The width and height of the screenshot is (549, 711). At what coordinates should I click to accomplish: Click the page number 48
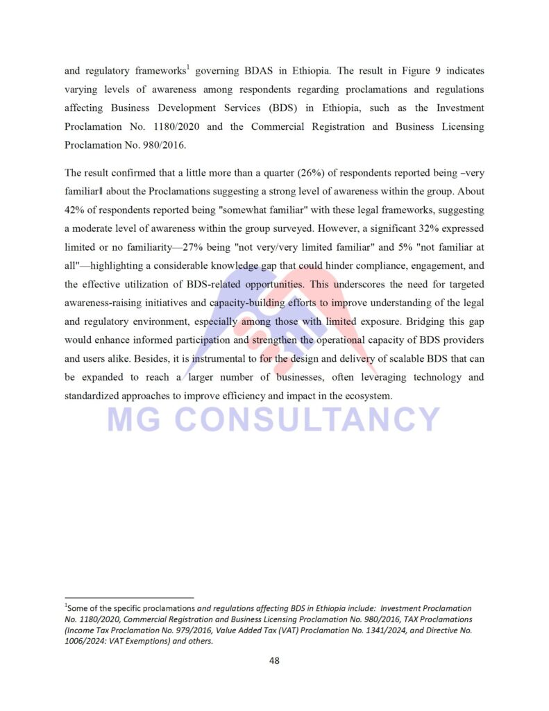click(274, 660)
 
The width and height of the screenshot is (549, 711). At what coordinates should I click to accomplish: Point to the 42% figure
click(75, 210)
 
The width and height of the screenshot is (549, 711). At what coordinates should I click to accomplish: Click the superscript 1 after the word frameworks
click(188, 67)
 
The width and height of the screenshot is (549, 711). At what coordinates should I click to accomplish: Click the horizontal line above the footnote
click(129, 598)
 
